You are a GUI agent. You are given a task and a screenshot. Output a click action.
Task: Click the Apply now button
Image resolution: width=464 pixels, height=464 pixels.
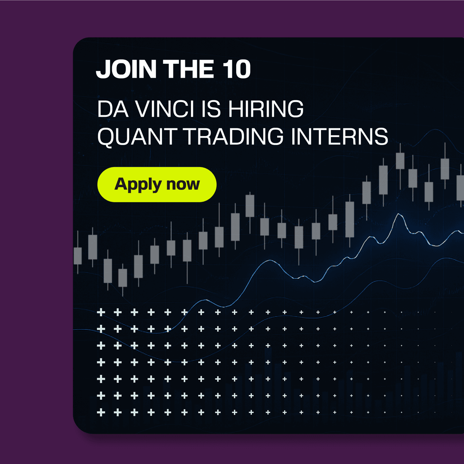coord(157,184)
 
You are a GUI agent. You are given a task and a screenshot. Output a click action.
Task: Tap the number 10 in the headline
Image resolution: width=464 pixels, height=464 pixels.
coord(237,69)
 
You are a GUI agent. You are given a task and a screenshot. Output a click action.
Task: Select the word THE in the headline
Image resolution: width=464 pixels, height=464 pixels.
coord(189,69)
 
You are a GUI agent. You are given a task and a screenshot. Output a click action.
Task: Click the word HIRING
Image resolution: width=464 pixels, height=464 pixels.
coord(266,109)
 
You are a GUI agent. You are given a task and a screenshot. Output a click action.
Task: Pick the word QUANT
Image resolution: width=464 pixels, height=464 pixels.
coord(137,136)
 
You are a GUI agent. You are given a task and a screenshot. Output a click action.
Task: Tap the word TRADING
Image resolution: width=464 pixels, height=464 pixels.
coord(234,136)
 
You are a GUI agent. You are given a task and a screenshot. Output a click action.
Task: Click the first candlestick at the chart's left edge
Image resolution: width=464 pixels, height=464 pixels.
coord(78,256)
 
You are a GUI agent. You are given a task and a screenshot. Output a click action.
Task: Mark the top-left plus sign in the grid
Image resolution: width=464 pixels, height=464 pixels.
coord(101,312)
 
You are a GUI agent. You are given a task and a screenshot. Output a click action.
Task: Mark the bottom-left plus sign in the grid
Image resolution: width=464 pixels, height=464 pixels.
coord(101,413)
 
